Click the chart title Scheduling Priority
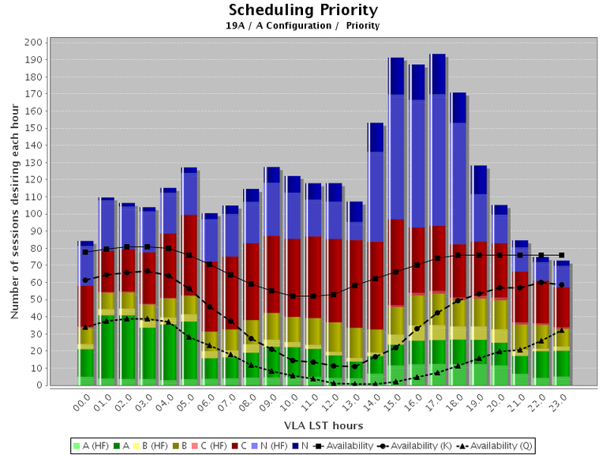(x=303, y=10)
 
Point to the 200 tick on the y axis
(x=34, y=42)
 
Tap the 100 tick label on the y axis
(x=34, y=214)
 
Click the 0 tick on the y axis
(x=39, y=385)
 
